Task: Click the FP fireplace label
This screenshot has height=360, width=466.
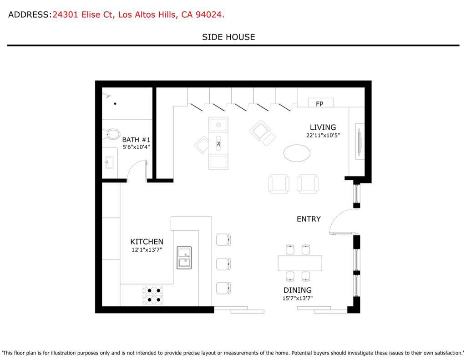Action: point(319,104)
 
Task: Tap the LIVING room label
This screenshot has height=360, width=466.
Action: point(323,127)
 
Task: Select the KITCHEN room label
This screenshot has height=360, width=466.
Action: point(147,242)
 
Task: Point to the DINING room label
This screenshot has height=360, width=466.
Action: point(298,290)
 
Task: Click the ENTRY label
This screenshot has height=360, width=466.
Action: point(309,219)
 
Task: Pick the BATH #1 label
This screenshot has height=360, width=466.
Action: point(136,140)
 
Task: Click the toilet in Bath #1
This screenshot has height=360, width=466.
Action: point(111,134)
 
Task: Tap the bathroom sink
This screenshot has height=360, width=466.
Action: point(109,162)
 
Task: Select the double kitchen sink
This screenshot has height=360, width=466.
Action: point(184,258)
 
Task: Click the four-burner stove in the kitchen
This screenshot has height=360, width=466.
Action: point(153,295)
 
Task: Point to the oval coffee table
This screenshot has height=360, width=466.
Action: point(297,153)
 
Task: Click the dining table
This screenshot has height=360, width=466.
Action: point(300,263)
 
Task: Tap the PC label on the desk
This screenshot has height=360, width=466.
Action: point(218,144)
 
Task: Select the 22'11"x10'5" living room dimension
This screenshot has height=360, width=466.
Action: point(323,135)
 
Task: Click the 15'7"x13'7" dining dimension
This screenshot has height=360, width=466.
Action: point(298,298)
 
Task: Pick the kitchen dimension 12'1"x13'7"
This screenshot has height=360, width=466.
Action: point(147,250)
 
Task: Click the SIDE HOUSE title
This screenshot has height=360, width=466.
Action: point(228,37)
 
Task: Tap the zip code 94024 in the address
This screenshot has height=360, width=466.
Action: point(209,15)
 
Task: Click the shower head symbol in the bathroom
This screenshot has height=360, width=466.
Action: point(106,96)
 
